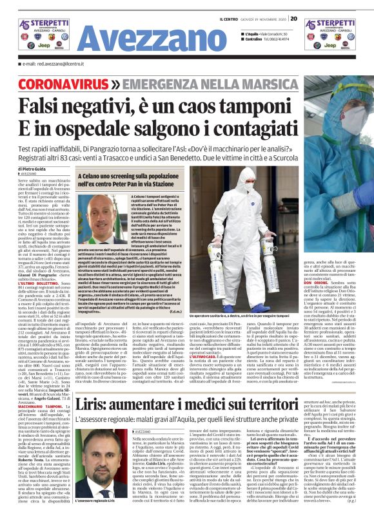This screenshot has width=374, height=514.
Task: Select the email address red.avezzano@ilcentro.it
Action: click(52, 64)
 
